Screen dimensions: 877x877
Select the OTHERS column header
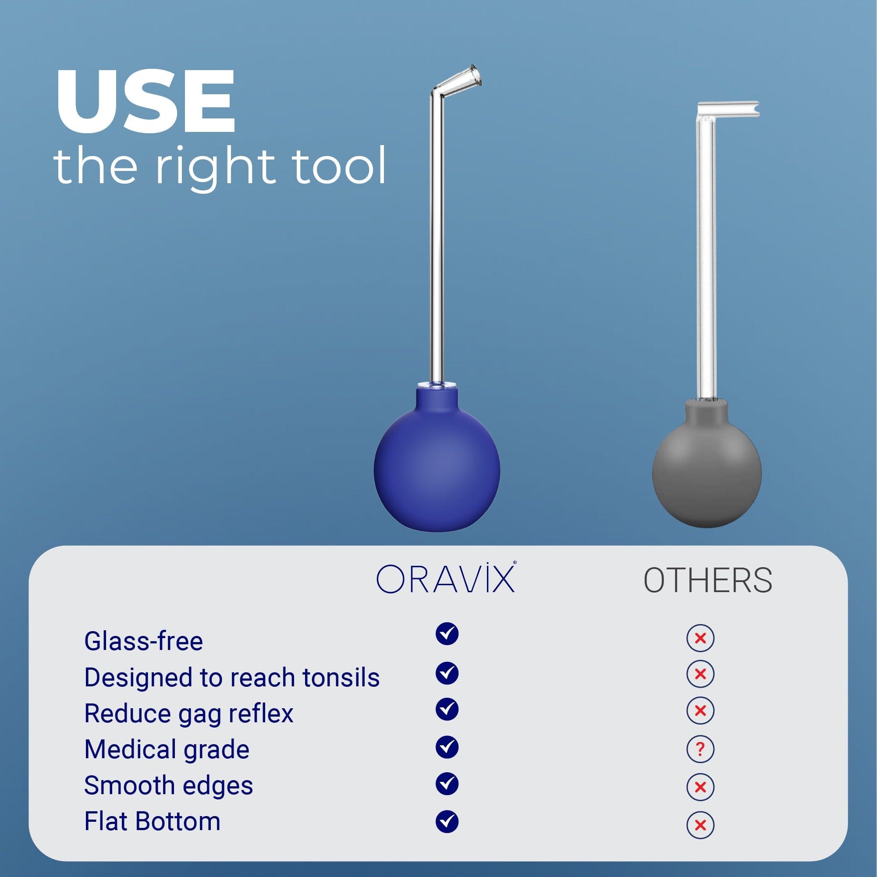tap(708, 581)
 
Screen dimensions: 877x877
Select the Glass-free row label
tap(143, 641)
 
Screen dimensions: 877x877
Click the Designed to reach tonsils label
tap(231, 678)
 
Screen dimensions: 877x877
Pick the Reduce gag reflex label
tap(188, 713)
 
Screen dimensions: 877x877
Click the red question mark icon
tap(700, 749)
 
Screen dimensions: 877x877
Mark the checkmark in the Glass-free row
tap(447, 634)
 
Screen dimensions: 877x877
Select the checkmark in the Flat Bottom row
tap(447, 821)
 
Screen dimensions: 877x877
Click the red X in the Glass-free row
tap(700, 638)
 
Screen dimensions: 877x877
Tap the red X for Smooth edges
tap(700, 787)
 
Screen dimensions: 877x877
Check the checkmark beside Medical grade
tap(447, 747)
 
